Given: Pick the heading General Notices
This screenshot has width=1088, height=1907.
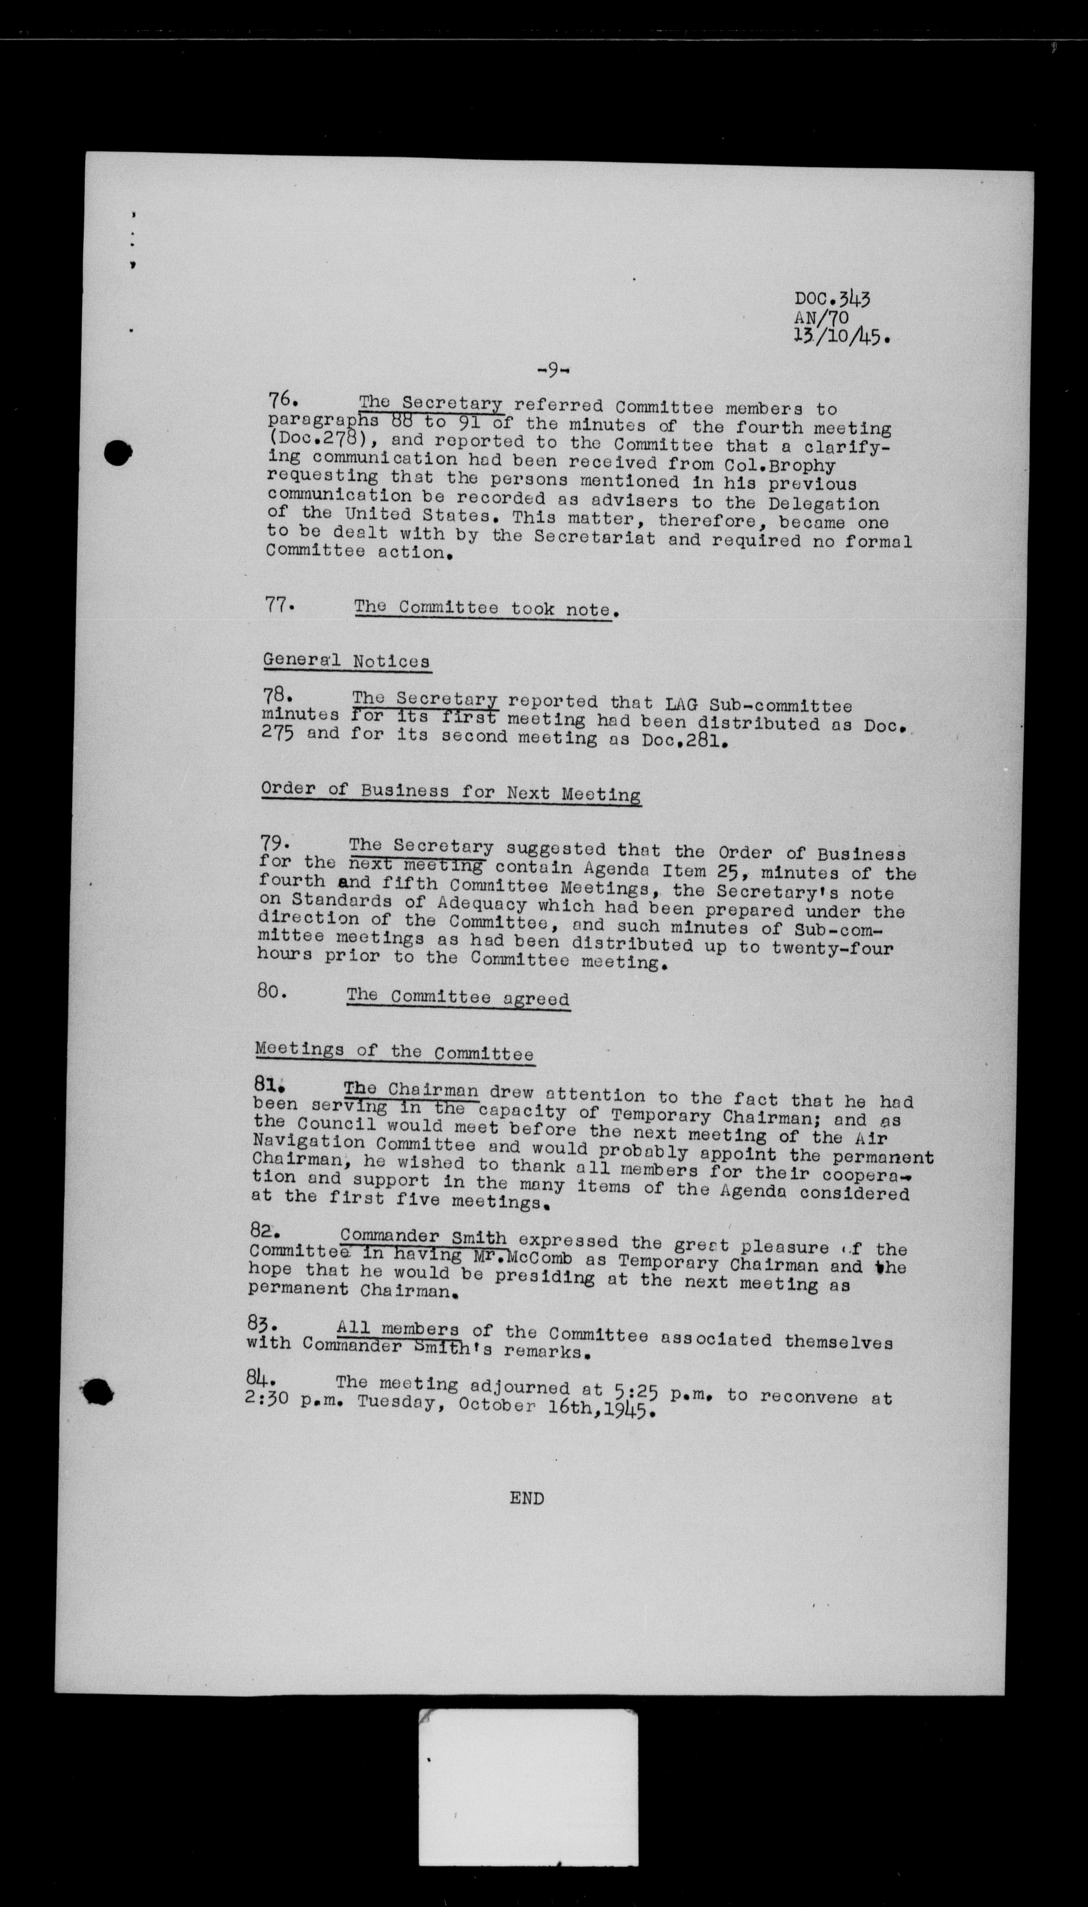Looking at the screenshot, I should click(x=346, y=660).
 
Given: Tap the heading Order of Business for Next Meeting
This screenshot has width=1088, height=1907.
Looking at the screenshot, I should click(x=451, y=791).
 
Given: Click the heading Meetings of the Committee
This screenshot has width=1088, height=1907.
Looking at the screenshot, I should click(x=394, y=1052).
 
